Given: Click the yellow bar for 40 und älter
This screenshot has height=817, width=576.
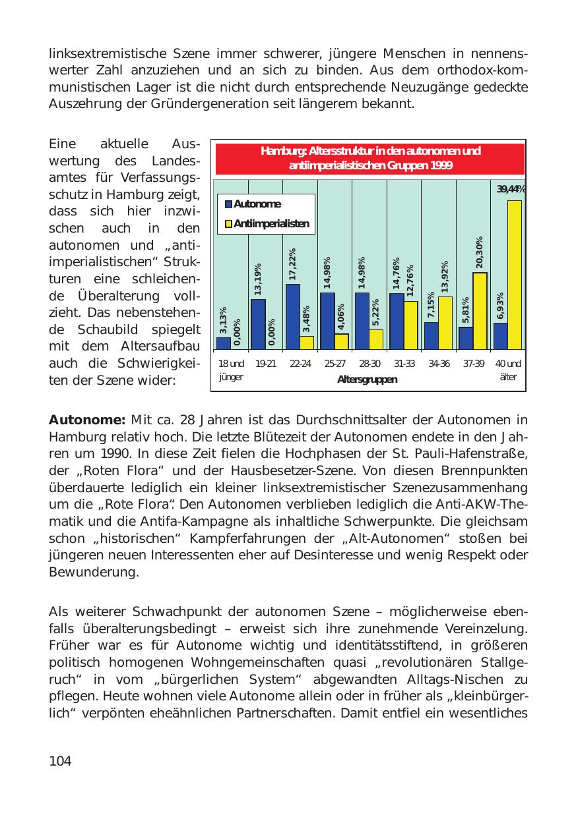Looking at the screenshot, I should click(x=515, y=275).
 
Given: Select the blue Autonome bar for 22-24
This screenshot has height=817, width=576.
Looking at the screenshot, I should click(x=293, y=317).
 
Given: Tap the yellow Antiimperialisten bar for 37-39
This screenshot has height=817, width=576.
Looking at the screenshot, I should click(x=480, y=311).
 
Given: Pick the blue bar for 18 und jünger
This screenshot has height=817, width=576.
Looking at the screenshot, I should click(x=224, y=343).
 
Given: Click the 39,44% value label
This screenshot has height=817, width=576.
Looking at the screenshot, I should click(x=511, y=190).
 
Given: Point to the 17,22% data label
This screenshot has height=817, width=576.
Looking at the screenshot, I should click(x=292, y=264).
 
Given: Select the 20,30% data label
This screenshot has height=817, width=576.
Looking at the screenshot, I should click(x=480, y=253).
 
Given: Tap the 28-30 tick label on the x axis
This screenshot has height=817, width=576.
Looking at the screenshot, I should click(x=369, y=364).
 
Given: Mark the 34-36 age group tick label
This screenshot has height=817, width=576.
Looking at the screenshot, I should click(x=439, y=364).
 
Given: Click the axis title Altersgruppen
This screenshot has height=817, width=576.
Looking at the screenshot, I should click(x=367, y=380).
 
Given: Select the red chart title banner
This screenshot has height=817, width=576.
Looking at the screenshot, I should click(x=369, y=159).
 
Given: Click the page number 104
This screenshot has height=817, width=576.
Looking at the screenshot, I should click(x=60, y=761).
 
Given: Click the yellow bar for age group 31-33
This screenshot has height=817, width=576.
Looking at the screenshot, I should click(x=410, y=325).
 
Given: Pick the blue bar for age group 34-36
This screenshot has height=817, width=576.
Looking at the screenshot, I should click(x=432, y=336).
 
